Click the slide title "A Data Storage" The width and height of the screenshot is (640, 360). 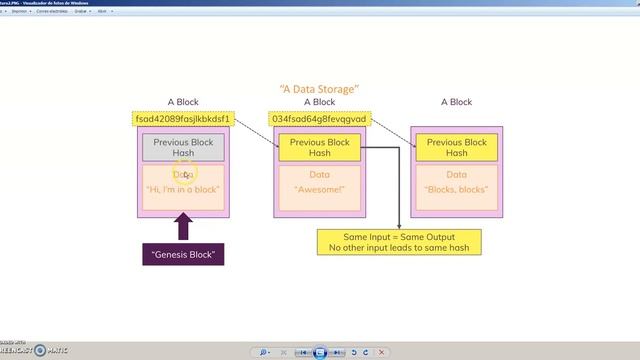pyautogui.click(x=319, y=90)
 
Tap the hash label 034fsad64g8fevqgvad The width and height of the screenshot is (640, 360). pyautogui.click(x=319, y=119)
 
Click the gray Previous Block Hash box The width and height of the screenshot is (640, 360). pyautogui.click(x=184, y=148)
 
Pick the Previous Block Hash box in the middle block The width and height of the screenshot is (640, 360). pyautogui.click(x=319, y=148)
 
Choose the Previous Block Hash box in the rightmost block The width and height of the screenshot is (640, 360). pyautogui.click(x=456, y=148)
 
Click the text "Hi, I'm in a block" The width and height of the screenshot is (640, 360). pyautogui.click(x=184, y=189)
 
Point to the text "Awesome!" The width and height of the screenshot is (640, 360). pyautogui.click(x=319, y=189)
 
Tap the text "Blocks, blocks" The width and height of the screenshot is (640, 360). pyautogui.click(x=456, y=189)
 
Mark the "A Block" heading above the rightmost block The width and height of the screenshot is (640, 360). pyautogui.click(x=456, y=102)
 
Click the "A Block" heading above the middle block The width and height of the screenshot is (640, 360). pyautogui.click(x=319, y=102)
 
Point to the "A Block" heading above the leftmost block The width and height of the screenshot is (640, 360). pyautogui.click(x=184, y=102)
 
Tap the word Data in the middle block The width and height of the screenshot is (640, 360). pyautogui.click(x=319, y=174)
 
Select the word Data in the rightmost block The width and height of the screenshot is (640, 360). pyautogui.click(x=456, y=174)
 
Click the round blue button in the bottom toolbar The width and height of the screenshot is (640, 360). pyautogui.click(x=320, y=352)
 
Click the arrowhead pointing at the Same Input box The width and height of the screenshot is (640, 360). pyautogui.click(x=399, y=226)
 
